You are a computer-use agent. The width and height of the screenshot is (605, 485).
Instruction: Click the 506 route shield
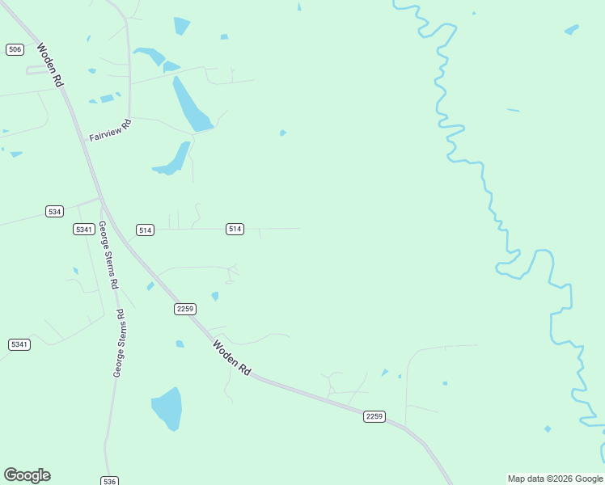point(15,49)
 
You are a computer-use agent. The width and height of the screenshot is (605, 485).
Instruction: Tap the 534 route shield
point(54,211)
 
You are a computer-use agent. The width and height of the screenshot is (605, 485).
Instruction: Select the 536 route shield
point(110,481)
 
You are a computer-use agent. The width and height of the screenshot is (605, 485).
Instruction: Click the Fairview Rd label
point(110,131)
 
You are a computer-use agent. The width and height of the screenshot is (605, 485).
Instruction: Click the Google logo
point(27,475)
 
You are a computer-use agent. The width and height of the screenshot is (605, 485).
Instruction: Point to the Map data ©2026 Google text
point(556,479)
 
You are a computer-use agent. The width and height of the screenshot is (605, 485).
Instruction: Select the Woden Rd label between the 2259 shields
point(232,356)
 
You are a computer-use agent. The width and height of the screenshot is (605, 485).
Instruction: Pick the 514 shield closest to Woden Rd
point(145,230)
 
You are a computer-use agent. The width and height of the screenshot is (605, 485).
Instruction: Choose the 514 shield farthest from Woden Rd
point(235,229)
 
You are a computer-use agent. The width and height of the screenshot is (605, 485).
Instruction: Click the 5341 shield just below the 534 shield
point(83,230)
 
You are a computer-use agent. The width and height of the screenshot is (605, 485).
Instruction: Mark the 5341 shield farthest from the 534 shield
point(19,344)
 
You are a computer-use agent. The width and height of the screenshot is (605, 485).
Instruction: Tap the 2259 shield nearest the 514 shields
point(185,309)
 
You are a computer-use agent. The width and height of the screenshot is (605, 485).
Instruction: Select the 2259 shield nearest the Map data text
point(374,415)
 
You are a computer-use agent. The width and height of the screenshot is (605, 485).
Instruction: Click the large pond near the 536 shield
point(167,408)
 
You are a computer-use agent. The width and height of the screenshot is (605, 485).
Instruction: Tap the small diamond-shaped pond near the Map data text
point(548,428)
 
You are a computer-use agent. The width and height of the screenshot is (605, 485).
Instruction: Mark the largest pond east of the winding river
point(572,30)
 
